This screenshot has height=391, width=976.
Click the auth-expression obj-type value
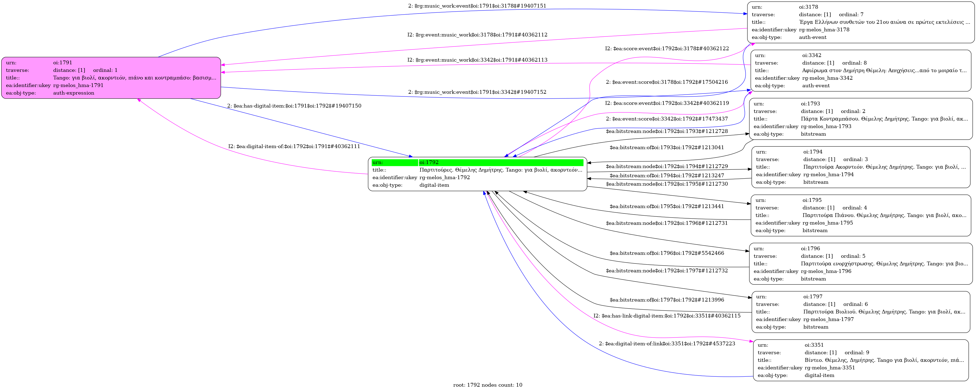[73, 93]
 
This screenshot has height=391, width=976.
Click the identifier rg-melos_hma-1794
[828, 175]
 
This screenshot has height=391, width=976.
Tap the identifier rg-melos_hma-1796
[826, 271]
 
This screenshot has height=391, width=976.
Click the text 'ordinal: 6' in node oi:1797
[855, 304]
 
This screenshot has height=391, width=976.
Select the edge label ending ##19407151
[477, 6]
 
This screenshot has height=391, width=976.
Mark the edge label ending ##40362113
[477, 60]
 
